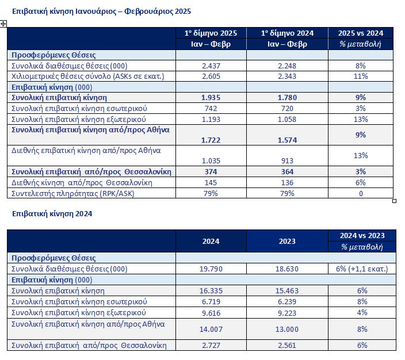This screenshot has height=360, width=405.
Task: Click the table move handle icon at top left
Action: (4, 23)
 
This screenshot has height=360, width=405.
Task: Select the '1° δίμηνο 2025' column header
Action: (211, 33)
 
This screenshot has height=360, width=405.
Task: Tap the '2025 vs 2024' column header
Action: (361, 33)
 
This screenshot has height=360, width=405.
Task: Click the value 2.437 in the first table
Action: (211, 66)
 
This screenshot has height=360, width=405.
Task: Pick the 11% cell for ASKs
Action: (361, 76)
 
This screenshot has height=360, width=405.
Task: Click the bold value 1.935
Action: (211, 98)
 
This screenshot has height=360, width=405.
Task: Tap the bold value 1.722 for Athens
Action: (211, 140)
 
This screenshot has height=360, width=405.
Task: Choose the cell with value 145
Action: (211, 183)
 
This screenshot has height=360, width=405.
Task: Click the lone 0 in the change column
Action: (361, 194)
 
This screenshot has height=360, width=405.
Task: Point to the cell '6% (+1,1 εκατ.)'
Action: (361, 269)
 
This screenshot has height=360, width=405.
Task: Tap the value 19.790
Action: (211, 269)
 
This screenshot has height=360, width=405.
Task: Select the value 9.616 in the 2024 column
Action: (211, 312)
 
